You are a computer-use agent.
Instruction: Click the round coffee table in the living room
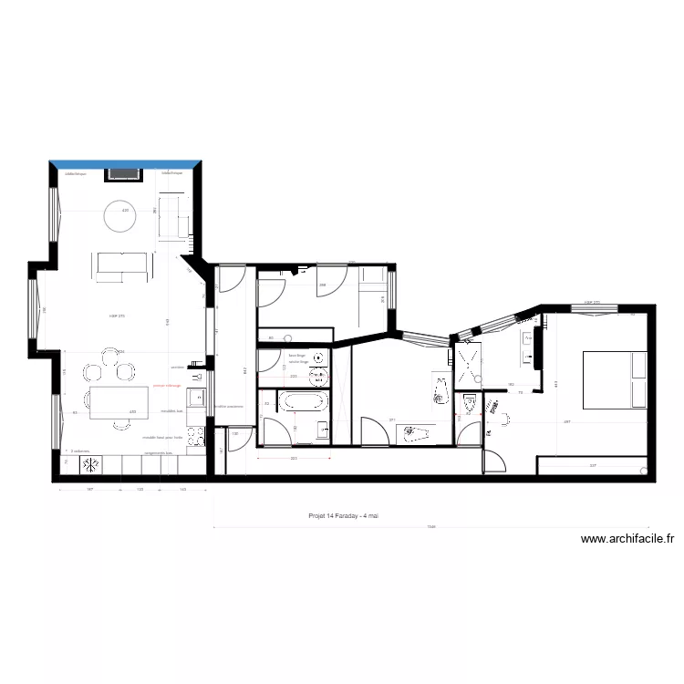121,216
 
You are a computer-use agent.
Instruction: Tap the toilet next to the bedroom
471,402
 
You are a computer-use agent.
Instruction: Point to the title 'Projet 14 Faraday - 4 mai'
343,515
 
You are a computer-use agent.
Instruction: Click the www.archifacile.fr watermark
627,539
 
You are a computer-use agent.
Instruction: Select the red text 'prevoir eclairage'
167,386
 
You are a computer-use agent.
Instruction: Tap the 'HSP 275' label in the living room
116,316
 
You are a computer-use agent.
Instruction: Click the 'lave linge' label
295,355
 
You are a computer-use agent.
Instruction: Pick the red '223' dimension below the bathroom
295,459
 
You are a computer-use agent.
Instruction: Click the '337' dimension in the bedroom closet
593,466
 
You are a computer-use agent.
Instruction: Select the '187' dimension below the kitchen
90,490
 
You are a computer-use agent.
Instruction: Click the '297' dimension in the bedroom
567,422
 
